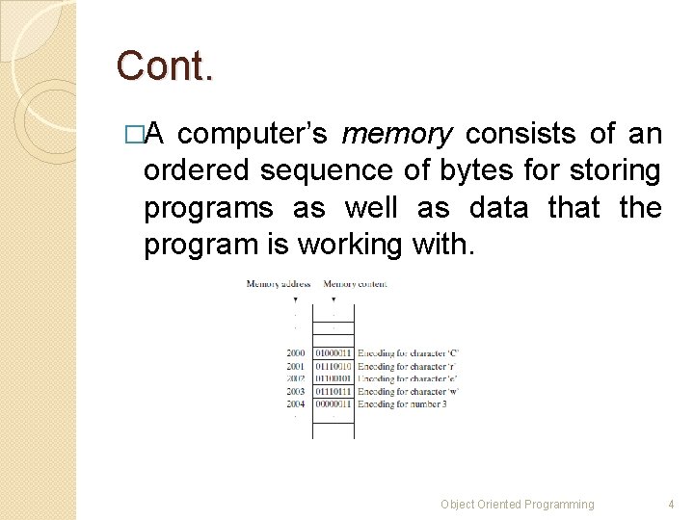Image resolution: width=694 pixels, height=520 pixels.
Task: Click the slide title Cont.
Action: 164,66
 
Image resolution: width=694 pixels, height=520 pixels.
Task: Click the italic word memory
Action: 396,135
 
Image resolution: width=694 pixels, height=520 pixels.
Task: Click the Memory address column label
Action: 279,283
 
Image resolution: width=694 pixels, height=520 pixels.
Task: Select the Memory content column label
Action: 355,283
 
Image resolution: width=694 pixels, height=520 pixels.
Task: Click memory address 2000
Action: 295,353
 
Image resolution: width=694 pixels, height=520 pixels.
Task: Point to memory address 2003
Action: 295,391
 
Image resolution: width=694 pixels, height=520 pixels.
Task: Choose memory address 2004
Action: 295,403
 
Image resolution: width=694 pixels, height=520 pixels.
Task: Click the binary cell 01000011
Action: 334,353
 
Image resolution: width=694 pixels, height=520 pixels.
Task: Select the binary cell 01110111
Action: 334,391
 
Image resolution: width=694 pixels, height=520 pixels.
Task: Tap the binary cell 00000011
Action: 334,403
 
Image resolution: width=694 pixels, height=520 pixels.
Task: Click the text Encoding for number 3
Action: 402,403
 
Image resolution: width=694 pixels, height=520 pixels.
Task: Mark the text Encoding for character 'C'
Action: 408,353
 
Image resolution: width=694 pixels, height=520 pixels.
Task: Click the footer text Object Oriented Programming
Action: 518,504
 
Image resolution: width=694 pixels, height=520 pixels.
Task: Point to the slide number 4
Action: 672,504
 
